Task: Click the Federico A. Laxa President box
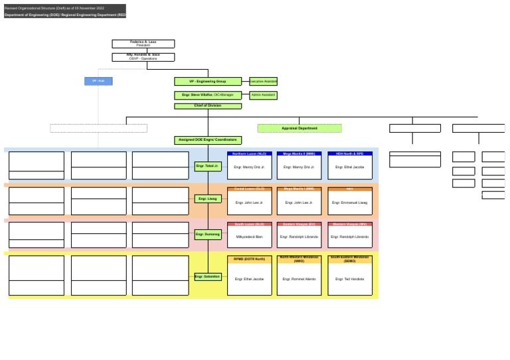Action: [x=143, y=44]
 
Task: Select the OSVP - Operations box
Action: [x=143, y=57]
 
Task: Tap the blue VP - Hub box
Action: [x=98, y=81]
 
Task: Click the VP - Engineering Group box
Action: [x=207, y=82]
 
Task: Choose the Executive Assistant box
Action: [x=263, y=82]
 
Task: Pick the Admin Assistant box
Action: [x=263, y=95]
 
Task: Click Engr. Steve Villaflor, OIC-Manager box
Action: [x=207, y=96]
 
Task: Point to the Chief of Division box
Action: [x=207, y=106]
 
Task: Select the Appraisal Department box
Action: [x=299, y=128]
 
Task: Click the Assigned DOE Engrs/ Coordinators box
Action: [x=207, y=140]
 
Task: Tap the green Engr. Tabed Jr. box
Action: [x=207, y=165]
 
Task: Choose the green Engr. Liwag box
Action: [x=207, y=199]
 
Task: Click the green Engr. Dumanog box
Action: [x=207, y=234]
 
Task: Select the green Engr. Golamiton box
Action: [x=207, y=276]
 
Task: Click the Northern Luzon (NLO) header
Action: [x=249, y=153]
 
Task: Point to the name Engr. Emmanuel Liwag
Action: [x=349, y=203]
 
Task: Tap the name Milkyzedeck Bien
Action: [x=249, y=236]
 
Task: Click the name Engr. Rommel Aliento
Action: [x=299, y=279]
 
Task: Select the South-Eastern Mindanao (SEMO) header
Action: [x=349, y=259]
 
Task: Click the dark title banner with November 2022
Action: [x=64, y=11]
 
